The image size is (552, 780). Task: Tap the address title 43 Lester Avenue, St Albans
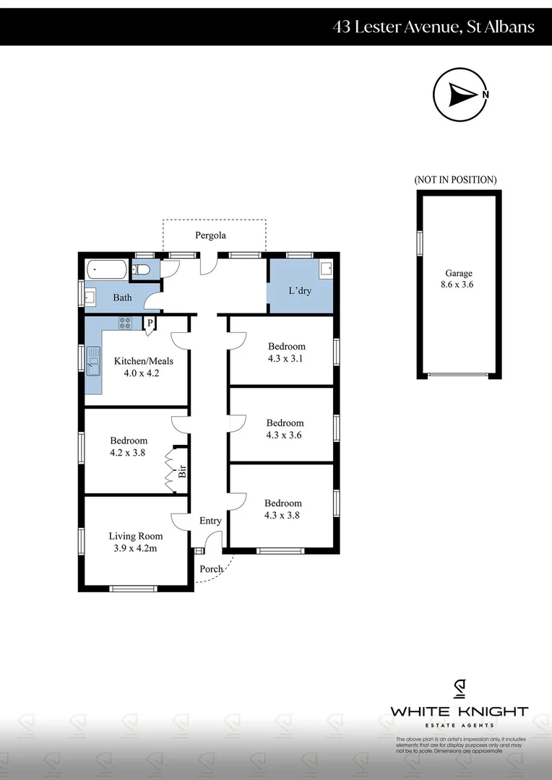[x=434, y=27]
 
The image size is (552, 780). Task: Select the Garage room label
[x=458, y=273]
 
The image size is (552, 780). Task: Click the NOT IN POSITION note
[x=455, y=180]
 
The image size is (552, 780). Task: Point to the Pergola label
[x=210, y=235]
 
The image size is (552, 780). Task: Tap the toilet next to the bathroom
[x=141, y=270]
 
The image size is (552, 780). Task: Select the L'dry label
[x=300, y=290]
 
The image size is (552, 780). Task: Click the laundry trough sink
[x=325, y=269]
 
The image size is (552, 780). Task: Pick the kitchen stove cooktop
[x=125, y=323]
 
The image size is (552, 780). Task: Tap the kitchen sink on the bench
[x=93, y=360]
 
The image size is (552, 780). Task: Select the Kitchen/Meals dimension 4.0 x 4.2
[x=137, y=374]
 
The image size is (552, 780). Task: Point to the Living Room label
[x=135, y=536]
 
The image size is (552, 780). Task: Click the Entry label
[x=210, y=521]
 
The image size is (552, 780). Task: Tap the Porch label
[x=211, y=569]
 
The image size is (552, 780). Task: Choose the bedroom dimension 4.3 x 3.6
[x=285, y=435]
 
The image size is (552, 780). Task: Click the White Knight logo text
[x=459, y=711]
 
